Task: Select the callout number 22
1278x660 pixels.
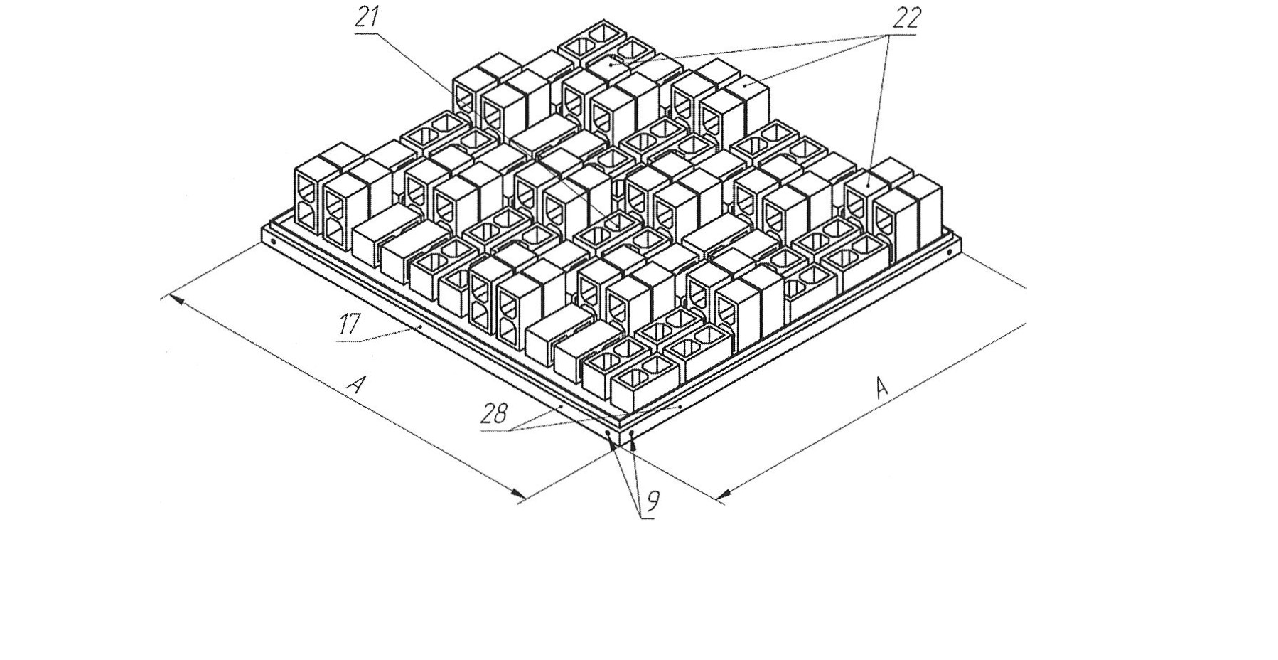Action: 904,19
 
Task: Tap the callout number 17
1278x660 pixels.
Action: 348,325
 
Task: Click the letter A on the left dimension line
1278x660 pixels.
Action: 356,385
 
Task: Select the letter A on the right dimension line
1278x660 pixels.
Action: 881,388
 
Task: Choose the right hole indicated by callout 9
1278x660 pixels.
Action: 632,432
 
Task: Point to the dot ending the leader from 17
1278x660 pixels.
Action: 421,326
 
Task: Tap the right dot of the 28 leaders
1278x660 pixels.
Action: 681,405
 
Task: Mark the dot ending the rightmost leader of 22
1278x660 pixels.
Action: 869,185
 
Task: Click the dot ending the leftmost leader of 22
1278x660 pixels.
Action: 610,65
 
